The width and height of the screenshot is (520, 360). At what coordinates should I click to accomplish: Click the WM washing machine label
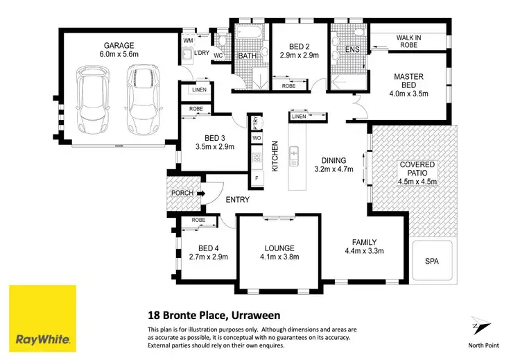pyautogui.click(x=188, y=41)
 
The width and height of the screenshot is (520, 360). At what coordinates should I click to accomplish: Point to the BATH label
pyautogui.click(x=248, y=56)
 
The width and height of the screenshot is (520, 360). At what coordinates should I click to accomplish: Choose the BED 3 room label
pyautogui.click(x=215, y=142)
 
